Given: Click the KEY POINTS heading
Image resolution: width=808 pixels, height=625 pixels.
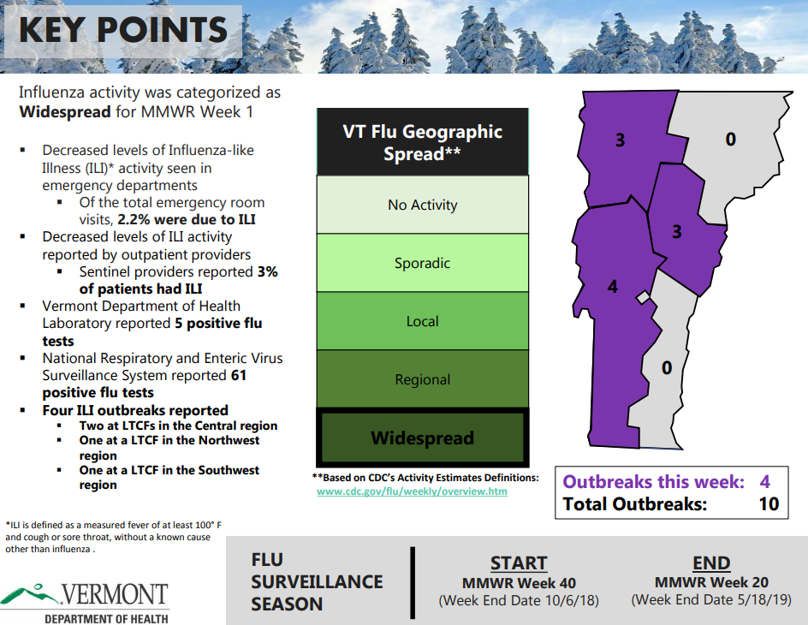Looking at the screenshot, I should tap(122, 30).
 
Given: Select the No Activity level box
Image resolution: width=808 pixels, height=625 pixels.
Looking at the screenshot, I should tap(422, 205).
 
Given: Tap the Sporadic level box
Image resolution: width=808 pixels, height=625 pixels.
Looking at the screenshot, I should tap(422, 263).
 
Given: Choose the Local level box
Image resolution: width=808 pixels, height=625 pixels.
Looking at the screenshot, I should tap(422, 321).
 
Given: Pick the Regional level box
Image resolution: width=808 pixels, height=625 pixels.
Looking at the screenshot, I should tap(422, 379).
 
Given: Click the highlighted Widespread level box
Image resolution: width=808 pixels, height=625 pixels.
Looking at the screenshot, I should tap(422, 437).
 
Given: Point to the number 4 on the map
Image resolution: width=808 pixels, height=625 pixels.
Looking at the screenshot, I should tap(612, 287).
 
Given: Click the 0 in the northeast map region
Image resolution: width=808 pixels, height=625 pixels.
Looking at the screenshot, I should tap(730, 138).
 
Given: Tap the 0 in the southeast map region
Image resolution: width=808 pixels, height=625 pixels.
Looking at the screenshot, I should tap(667, 368).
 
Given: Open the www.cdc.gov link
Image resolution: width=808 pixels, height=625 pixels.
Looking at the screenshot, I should tap(412, 491).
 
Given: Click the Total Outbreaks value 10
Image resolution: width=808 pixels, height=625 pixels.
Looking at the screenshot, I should tap(769, 504).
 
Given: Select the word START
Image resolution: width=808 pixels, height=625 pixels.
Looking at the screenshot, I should tap(519, 563).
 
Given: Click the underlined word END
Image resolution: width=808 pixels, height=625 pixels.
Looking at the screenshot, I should tap(710, 563).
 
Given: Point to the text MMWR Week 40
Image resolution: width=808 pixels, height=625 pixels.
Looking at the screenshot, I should tap(519, 582).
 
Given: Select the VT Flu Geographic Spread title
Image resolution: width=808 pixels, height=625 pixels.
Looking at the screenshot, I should tap(422, 142).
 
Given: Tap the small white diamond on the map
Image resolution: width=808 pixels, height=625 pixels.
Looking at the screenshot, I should tap(643, 297).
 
